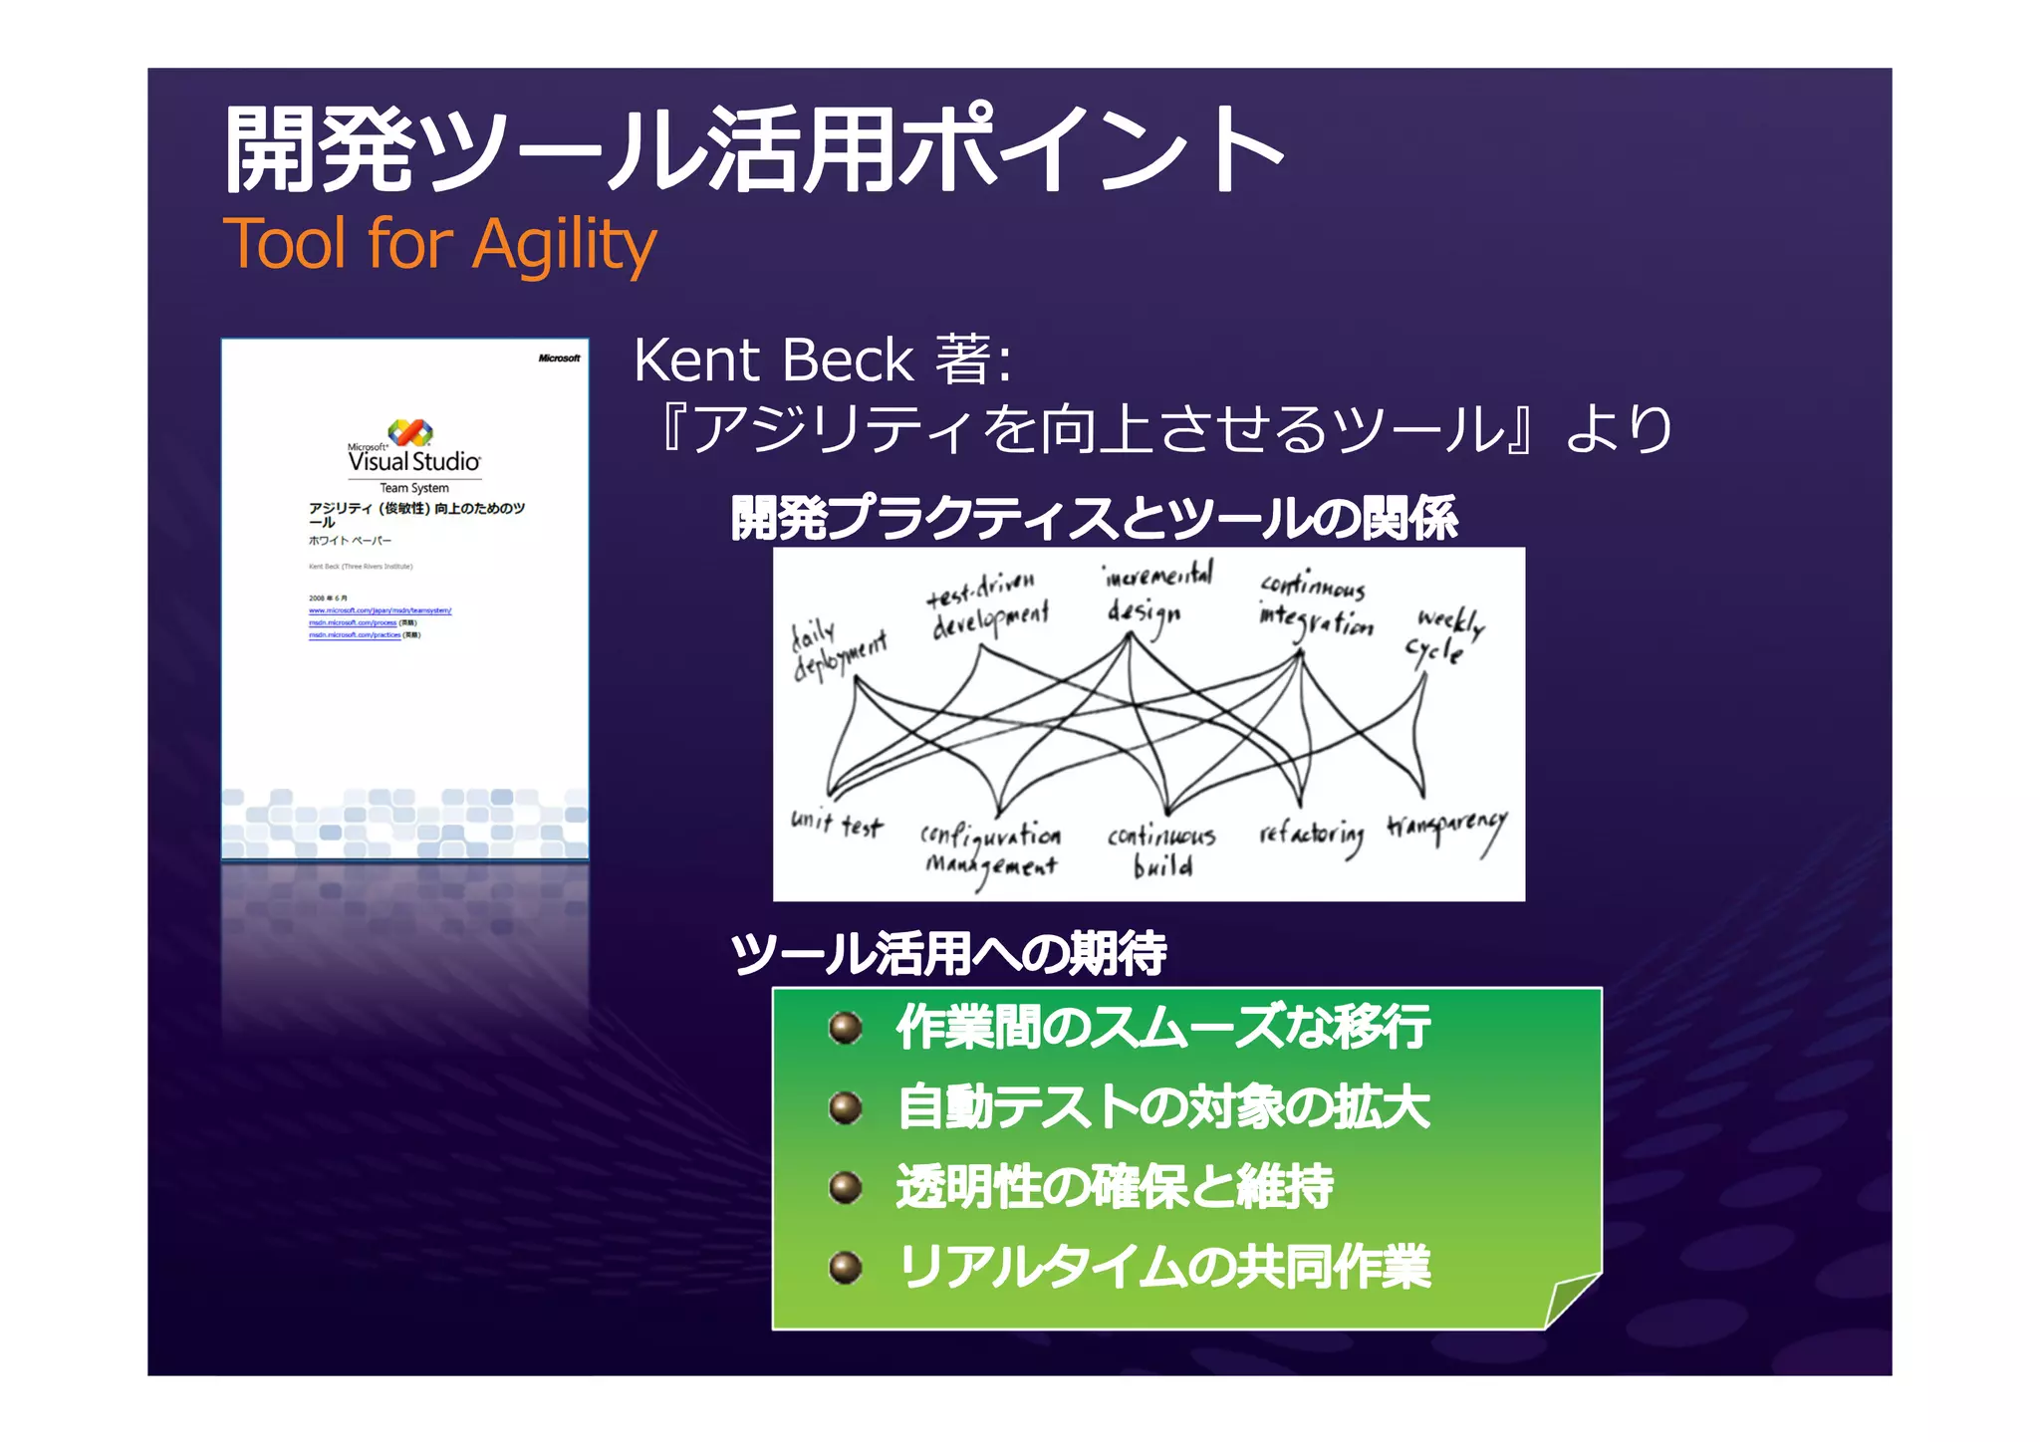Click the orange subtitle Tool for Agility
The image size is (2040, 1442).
439,244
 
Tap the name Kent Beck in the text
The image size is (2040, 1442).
773,360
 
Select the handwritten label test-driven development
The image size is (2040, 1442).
988,605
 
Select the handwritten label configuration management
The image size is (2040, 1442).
990,849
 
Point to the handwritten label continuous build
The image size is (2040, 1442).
1161,849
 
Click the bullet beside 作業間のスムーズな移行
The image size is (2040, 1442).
846,1028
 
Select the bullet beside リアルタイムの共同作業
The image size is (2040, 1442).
846,1268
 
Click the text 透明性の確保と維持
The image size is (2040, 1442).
1114,1187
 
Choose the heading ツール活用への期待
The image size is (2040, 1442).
947,953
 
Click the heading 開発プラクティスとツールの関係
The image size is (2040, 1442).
1094,518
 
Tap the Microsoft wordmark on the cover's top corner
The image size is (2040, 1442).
559,359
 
